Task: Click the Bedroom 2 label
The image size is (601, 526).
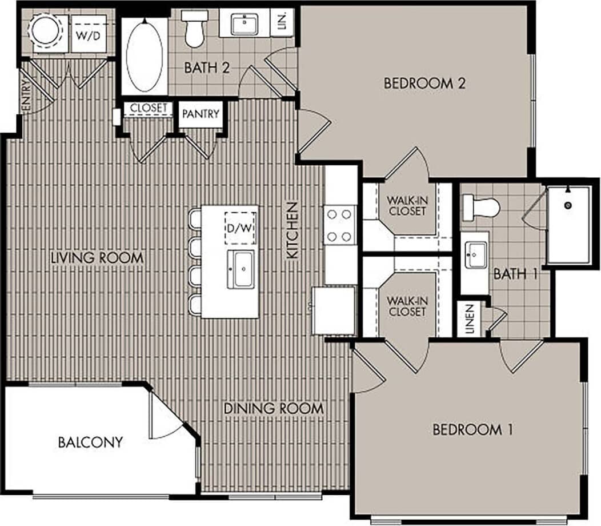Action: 424,83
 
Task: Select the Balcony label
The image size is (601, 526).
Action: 90,442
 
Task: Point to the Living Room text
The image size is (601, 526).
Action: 97,258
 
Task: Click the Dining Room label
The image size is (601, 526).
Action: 274,409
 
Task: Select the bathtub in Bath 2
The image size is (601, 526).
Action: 144,55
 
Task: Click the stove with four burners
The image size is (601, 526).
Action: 340,225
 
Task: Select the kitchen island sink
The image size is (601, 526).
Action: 243,269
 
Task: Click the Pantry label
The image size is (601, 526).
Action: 201,114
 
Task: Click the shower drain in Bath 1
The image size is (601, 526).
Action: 567,205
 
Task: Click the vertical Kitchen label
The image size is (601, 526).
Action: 293,230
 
